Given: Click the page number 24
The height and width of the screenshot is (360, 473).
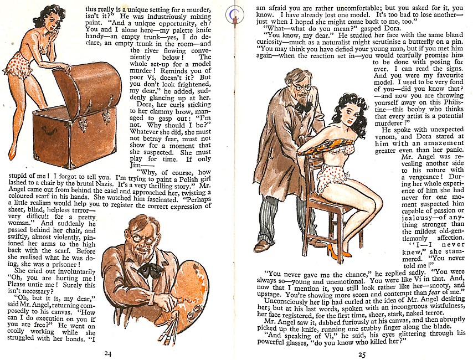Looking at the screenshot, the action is click(108, 354).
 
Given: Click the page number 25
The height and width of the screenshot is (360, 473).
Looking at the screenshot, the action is click(362, 354).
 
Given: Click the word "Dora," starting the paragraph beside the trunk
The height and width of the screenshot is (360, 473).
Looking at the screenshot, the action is click(144, 105).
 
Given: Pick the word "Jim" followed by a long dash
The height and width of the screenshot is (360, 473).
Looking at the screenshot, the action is click(136, 166).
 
